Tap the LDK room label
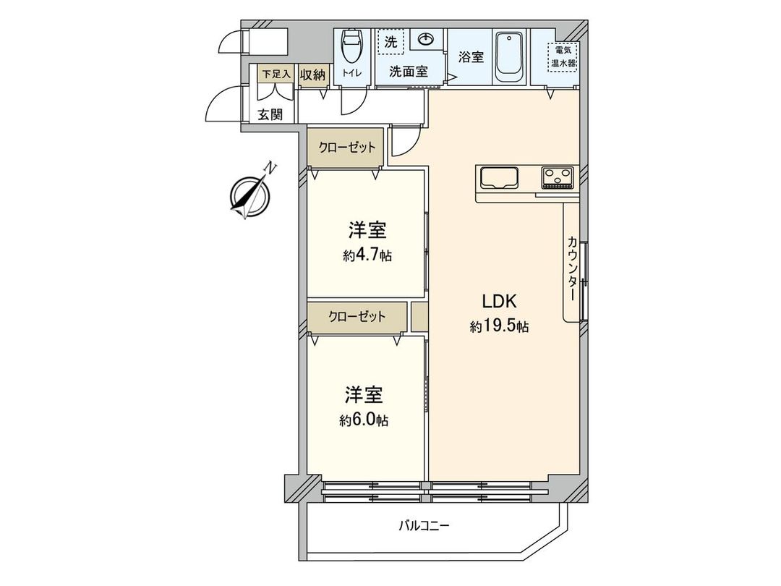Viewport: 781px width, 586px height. point(498,302)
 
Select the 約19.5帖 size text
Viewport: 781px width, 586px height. point(499,327)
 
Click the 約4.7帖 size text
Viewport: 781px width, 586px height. point(367,255)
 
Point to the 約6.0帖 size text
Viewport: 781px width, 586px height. point(364,420)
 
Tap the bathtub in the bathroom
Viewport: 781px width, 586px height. point(511,56)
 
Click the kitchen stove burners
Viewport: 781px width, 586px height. point(558,177)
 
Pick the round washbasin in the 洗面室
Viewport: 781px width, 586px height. point(424,39)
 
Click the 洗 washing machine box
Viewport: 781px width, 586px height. point(390,42)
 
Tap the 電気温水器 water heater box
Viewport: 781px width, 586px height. point(562,56)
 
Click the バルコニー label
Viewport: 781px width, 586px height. point(424,526)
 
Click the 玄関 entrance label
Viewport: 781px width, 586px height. point(271,114)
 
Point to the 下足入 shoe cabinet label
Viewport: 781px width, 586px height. point(276,74)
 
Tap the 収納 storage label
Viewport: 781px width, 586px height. point(313,74)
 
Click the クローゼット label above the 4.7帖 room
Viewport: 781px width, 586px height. point(347,148)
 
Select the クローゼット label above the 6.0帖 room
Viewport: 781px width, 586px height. point(357,317)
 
